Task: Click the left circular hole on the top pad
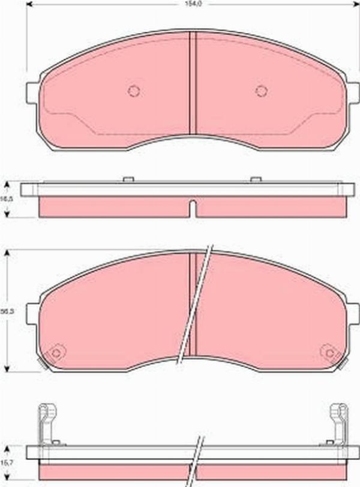pyautogui.click(x=134, y=91)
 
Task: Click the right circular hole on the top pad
pyautogui.click(x=261, y=91)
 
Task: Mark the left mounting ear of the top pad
pyautogui.click(x=32, y=92)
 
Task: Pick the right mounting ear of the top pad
pyautogui.click(x=353, y=92)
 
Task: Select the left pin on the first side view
pyautogui.click(x=127, y=179)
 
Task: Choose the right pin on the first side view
pyautogui.click(x=256, y=179)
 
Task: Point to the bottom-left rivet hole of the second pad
pyautogui.click(x=56, y=353)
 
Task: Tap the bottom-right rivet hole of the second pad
pyautogui.click(x=328, y=352)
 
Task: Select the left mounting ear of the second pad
pyautogui.click(x=32, y=313)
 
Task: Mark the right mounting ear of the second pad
pyautogui.click(x=353, y=313)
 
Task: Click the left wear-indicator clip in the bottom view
pyautogui.click(x=47, y=422)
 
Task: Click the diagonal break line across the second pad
pyautogui.click(x=194, y=306)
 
